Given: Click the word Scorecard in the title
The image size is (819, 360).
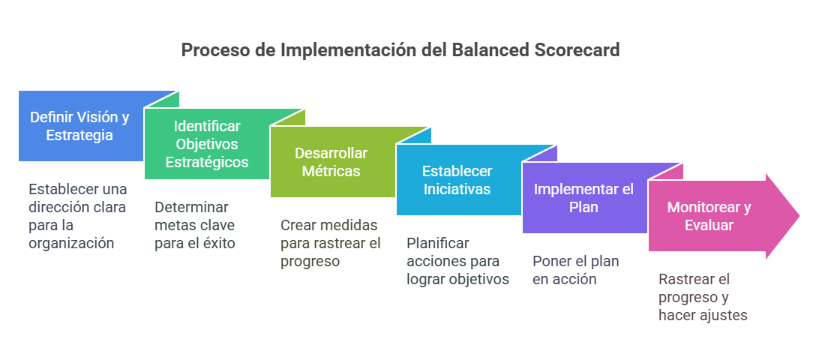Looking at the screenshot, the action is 577,49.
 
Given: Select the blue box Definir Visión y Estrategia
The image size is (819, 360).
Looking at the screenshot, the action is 81,126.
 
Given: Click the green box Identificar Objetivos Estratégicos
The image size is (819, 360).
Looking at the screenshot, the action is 207,144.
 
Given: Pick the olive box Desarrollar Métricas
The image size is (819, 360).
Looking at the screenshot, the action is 333,162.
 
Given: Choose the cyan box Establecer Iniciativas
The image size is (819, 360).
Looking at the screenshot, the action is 458,180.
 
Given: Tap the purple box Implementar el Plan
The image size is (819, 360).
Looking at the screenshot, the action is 584,197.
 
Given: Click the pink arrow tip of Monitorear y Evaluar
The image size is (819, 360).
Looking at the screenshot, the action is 799,216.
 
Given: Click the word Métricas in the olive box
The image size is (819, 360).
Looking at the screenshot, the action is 331,171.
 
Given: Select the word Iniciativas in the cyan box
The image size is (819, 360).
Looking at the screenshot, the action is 457,188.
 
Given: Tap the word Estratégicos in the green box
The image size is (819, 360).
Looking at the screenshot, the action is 207,162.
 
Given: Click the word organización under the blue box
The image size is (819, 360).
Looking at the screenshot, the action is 71,244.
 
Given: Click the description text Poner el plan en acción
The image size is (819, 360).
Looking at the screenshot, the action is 575,270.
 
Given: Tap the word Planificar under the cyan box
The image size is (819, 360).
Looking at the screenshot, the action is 438,244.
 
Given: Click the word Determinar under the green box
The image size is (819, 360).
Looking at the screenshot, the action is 192,207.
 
